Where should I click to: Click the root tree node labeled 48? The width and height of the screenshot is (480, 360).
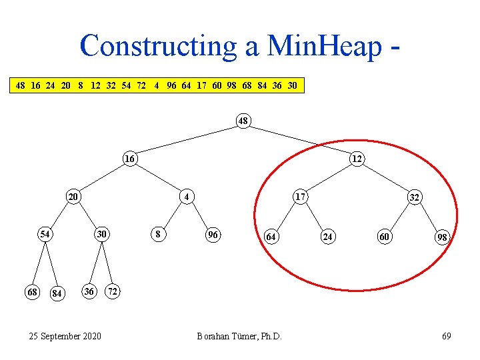pos(243,121)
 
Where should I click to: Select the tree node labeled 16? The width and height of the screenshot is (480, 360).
pos(129,159)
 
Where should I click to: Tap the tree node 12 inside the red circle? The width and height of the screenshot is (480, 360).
pos(357,159)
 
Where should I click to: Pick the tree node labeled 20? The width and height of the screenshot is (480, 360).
pos(73,197)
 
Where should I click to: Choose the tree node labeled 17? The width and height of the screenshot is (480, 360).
pos(300,197)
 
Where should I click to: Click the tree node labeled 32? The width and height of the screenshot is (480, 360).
pos(414,197)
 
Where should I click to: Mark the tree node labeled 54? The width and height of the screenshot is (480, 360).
pos(45,235)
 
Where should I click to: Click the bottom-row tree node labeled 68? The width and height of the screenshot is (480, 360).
pos(31,292)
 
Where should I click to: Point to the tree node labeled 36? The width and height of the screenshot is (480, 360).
pos(88,292)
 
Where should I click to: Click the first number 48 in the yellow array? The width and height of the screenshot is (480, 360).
pos(21,86)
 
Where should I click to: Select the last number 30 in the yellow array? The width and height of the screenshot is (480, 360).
pos(292,86)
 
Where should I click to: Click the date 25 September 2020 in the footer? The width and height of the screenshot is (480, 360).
pos(65,336)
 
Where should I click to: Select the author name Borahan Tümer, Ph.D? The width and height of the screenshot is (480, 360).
pos(239,336)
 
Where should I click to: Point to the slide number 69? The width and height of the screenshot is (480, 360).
pos(446,336)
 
